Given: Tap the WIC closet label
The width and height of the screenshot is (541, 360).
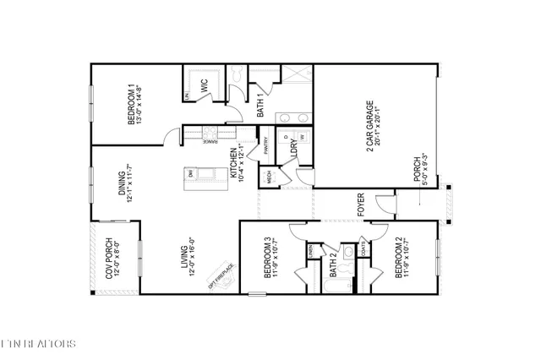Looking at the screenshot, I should pyautogui.click(x=204, y=86).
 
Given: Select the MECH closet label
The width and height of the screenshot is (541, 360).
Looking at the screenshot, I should pyautogui.click(x=270, y=178).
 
